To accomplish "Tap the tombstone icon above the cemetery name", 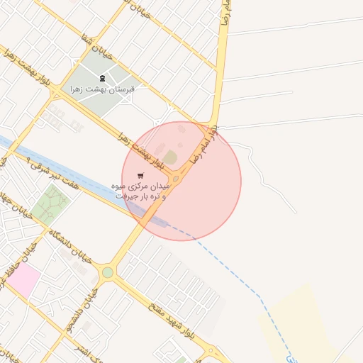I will pos(103,78).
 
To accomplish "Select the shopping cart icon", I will pos(141,175).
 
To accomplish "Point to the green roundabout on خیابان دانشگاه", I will pos(107,272).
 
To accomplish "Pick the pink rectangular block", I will pos(23,281).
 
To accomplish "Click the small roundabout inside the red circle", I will pos(175,179).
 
